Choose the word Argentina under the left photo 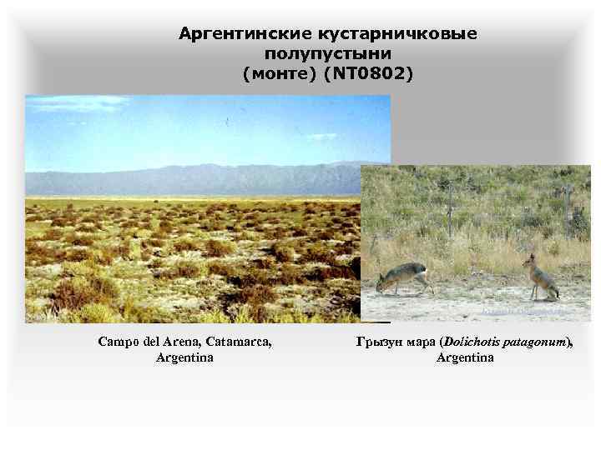[x=184, y=357]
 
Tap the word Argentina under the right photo [x=464, y=357]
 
